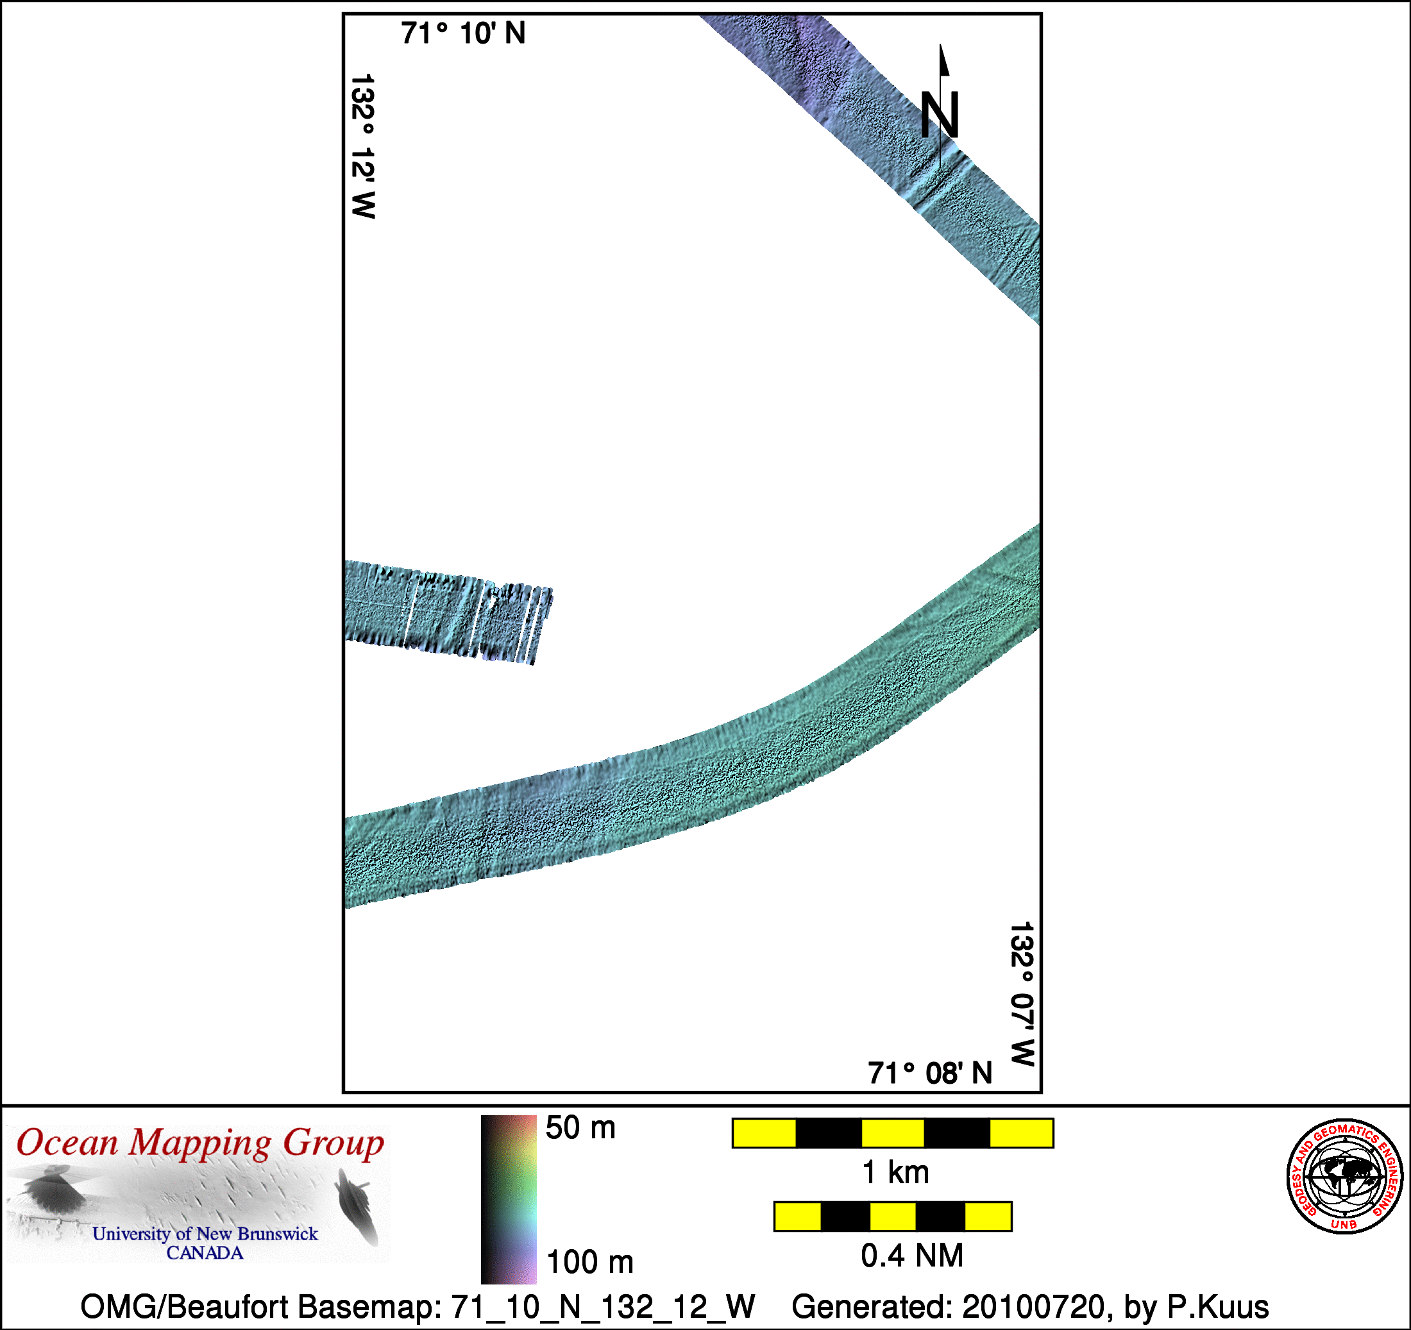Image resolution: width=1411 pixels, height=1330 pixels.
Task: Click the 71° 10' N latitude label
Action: (463, 33)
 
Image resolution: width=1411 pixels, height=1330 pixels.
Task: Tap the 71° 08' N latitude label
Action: (930, 1073)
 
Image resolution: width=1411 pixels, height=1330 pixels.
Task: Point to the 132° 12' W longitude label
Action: (362, 146)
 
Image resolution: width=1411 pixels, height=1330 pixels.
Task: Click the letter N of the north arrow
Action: (940, 114)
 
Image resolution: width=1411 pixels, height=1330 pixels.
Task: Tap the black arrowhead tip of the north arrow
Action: (941, 45)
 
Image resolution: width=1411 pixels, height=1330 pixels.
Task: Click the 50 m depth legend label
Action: (580, 1128)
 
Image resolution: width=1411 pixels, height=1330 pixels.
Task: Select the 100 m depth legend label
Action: (590, 1262)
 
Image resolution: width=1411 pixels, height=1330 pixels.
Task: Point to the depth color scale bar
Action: (508, 1199)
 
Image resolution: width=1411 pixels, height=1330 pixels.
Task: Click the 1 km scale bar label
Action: (895, 1172)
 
